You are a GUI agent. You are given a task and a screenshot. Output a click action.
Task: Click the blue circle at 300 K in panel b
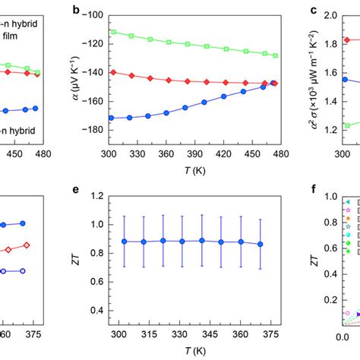pyautogui.click(x=112, y=118)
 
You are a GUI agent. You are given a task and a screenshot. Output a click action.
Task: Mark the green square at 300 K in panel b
pyautogui.click(x=112, y=32)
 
